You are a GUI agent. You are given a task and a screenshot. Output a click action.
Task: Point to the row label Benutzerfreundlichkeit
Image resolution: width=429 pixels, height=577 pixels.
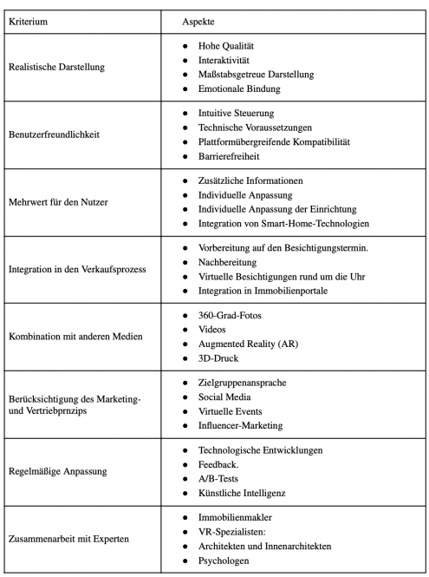pos(55,134)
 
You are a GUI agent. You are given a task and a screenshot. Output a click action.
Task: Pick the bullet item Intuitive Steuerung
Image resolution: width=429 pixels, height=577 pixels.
pos(237,113)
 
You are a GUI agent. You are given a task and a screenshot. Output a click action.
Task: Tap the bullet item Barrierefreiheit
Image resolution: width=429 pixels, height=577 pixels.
pos(231,157)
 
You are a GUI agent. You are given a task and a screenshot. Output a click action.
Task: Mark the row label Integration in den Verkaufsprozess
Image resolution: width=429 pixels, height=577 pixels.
pos(76,269)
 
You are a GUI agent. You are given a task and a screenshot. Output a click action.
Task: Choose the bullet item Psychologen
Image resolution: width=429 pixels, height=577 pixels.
pos(225,561)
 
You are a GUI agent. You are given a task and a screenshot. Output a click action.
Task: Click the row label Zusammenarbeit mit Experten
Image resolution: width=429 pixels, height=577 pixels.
pos(68,539)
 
